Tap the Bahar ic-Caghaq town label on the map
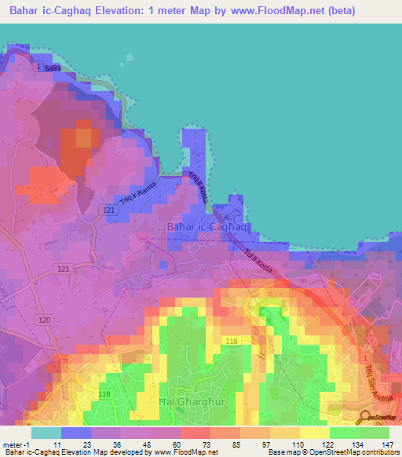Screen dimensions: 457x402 pos(208,227)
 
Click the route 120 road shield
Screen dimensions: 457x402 pos(44,320)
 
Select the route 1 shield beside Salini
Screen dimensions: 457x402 pos(37,68)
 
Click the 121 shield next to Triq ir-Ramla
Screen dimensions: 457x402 pos(109,210)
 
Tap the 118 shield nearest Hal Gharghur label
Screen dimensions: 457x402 pos(104,393)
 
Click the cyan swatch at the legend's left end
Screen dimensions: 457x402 pos(46,433)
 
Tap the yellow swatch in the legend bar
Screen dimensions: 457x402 pos(315,433)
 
